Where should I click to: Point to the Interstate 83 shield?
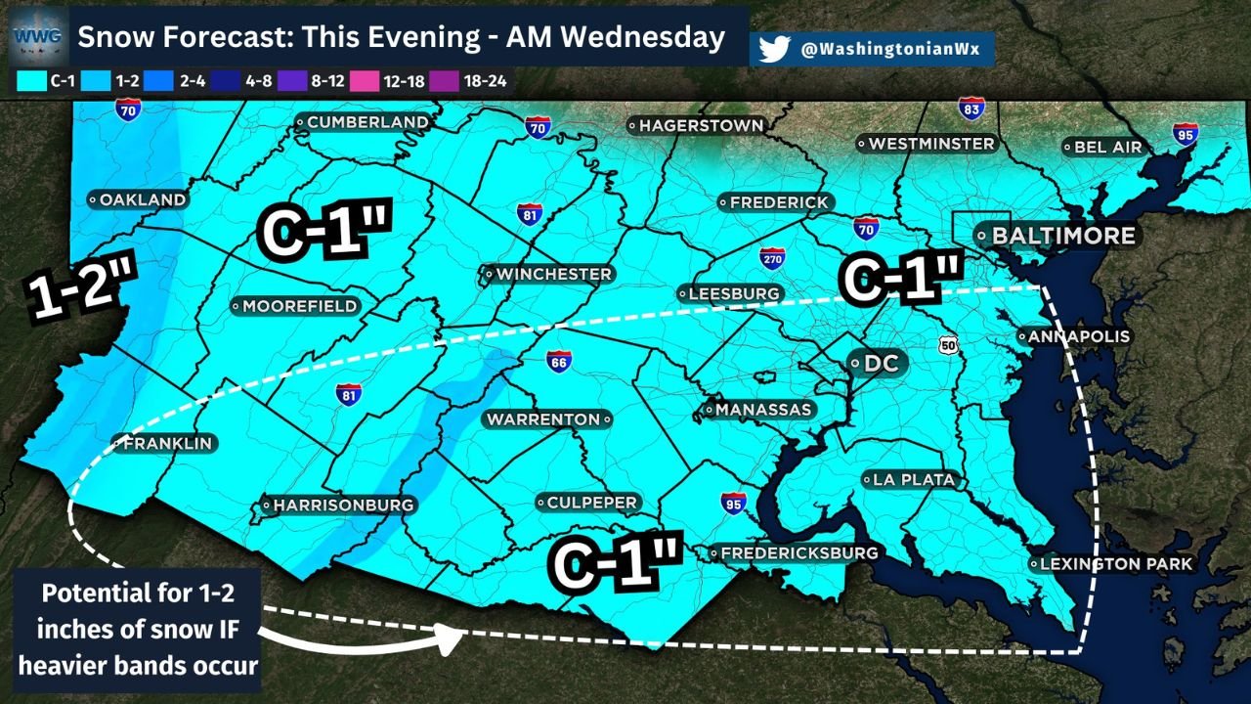point(971,109)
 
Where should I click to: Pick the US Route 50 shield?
point(948,344)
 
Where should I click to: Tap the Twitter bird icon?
point(773,50)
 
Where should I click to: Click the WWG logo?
point(37,37)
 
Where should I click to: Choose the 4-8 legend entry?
point(249,81)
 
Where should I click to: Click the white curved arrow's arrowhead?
point(453,639)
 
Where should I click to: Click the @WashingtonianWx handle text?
point(889,50)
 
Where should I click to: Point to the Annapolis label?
point(1074,336)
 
